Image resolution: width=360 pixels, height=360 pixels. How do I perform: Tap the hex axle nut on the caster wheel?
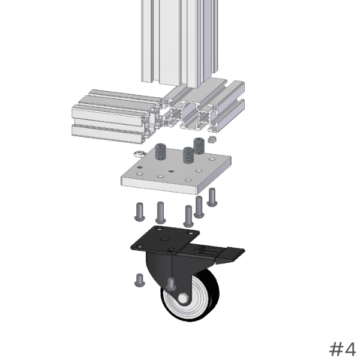pos(183,298)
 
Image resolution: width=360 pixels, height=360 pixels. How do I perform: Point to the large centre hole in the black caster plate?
pos(164,239)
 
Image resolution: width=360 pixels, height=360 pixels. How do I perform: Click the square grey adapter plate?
pos(176,171)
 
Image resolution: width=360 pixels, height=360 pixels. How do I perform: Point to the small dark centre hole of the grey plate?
pos(171,171)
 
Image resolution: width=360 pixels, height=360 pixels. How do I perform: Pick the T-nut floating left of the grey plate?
pos(139,153)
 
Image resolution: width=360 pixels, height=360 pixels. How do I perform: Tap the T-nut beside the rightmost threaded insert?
pos(211,139)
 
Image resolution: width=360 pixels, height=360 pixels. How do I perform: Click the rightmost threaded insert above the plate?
pos(199,146)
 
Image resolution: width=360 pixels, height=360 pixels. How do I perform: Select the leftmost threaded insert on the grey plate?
pos(160,151)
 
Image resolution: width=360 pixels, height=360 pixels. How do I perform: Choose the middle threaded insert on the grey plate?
pos(188,155)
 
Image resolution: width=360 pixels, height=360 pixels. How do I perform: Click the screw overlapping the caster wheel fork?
pos(171,284)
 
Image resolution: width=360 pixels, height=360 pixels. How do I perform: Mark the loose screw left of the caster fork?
pos(140,280)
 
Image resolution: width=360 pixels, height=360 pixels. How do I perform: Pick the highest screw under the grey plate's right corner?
pos(212,197)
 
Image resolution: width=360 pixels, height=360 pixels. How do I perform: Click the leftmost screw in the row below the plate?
pos(140,212)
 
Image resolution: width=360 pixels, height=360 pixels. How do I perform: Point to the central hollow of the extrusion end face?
pos(190,114)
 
